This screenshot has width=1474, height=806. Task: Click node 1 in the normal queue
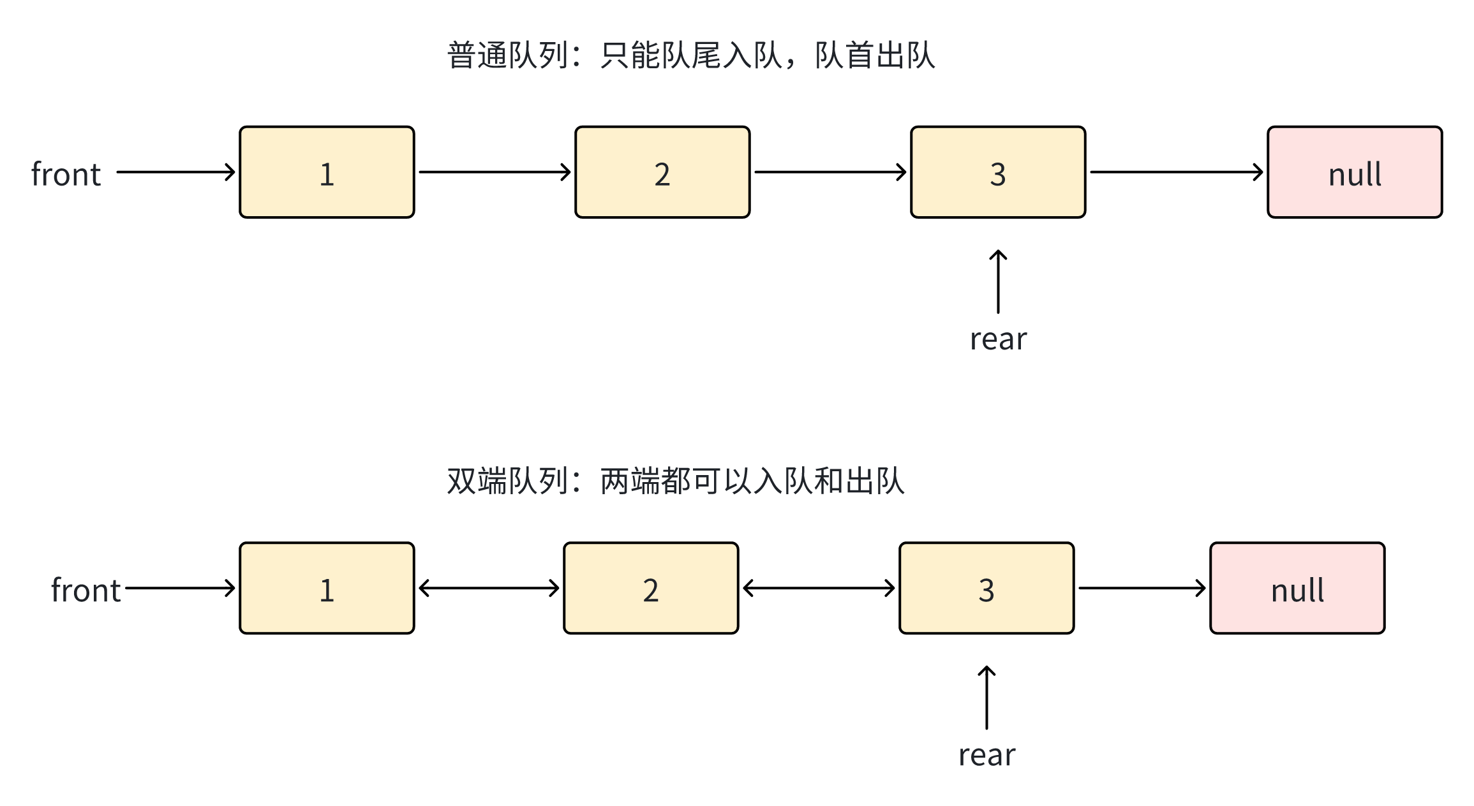327,172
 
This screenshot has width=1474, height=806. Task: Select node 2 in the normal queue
662,172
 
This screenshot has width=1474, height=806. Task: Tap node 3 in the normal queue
998,172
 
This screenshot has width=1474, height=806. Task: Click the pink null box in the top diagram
1355,172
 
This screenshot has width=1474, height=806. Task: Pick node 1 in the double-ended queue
327,588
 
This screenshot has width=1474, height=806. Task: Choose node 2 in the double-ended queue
651,588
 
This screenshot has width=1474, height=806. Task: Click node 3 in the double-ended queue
986,588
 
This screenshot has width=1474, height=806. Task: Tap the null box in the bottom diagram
1297,588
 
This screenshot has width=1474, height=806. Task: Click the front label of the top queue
66,173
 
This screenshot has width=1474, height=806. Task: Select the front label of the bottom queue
86,589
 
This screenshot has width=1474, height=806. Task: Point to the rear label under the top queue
998,339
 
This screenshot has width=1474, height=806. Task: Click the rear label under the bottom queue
986,754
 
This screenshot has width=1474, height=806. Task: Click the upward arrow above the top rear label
998,281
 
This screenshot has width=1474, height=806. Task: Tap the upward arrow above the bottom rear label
986,697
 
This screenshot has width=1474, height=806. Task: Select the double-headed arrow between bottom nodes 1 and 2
489,588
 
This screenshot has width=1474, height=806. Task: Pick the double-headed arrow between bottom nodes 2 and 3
819,588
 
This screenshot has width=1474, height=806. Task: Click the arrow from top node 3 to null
1176,172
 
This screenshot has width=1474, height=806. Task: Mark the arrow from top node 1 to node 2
495,172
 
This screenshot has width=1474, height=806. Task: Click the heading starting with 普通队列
691,55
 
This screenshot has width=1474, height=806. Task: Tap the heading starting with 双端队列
675,481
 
